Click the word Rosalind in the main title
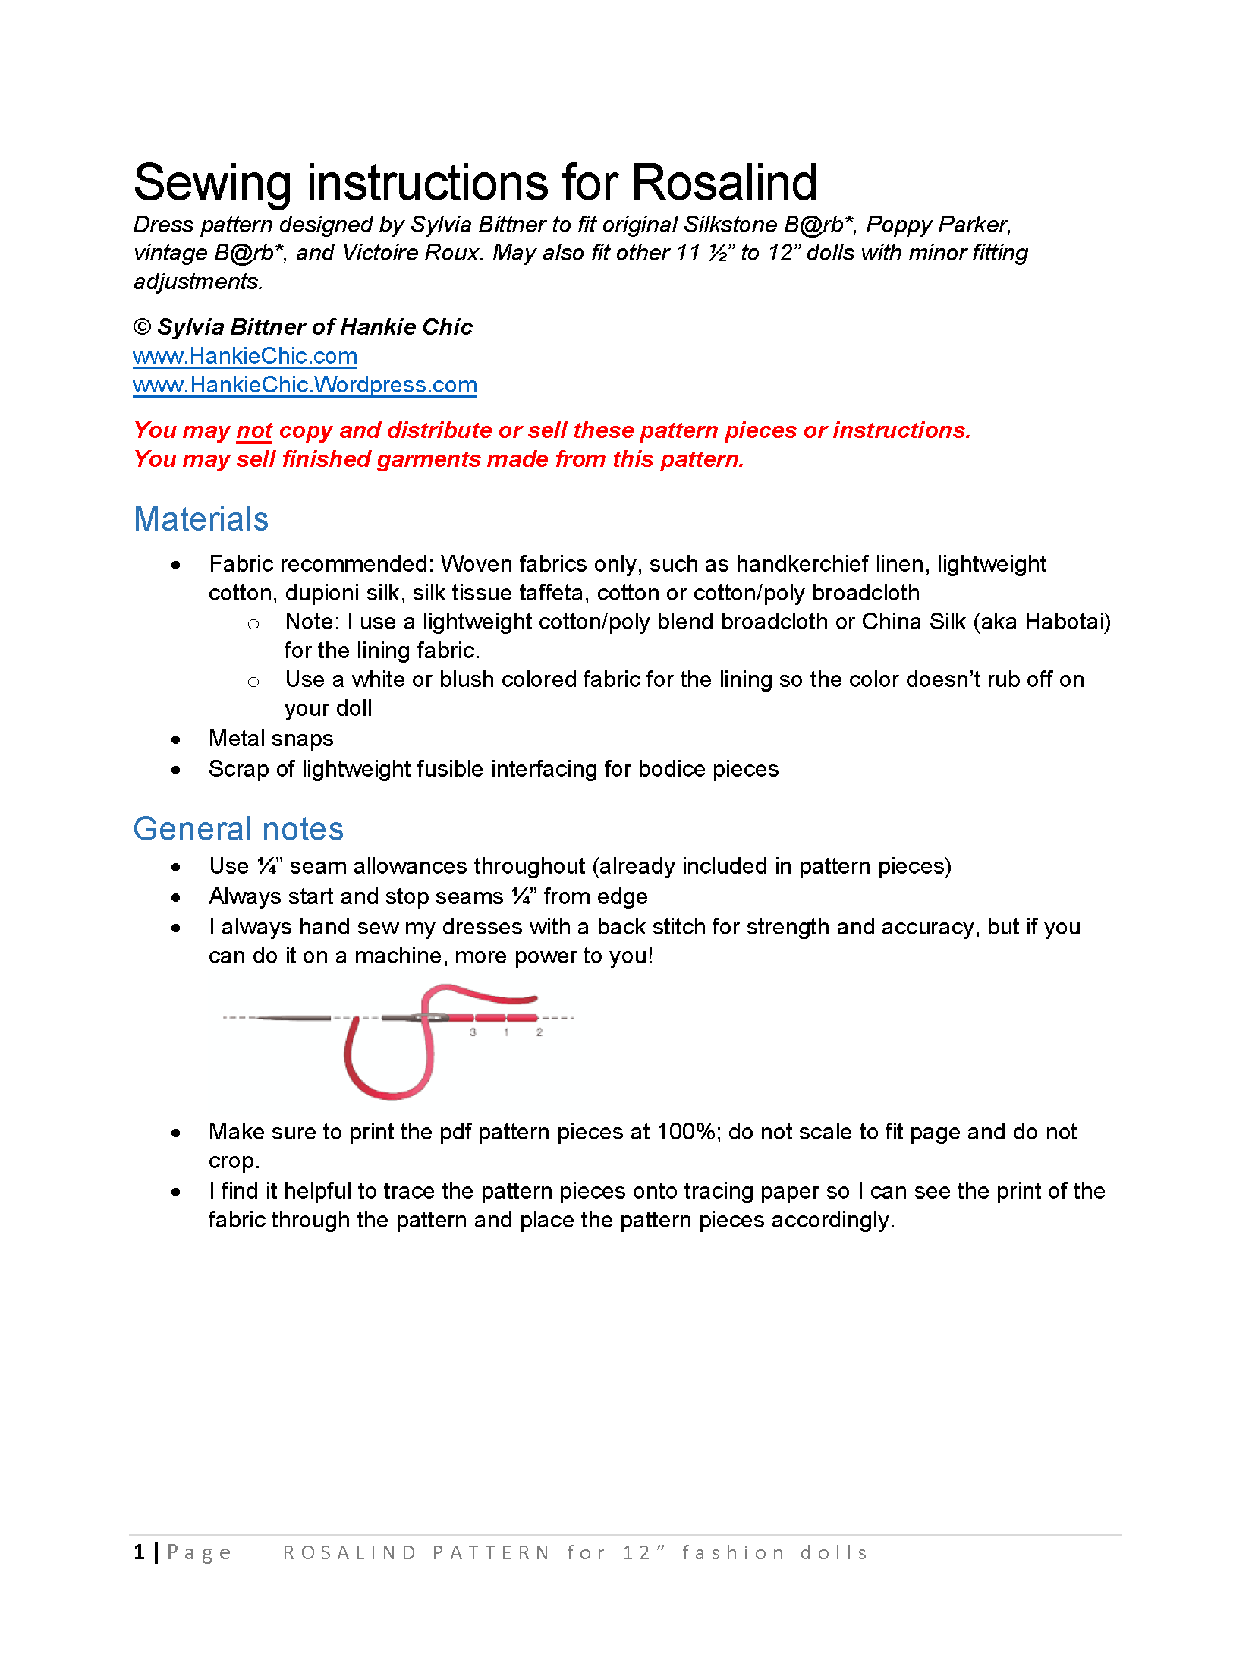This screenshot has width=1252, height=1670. pyautogui.click(x=724, y=183)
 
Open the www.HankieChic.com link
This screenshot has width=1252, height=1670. pyautogui.click(x=244, y=356)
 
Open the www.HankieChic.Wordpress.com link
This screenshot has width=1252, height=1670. pyautogui.click(x=304, y=385)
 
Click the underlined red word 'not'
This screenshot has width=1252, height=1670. pyautogui.click(x=254, y=430)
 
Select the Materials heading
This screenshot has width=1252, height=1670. pyautogui.click(x=201, y=519)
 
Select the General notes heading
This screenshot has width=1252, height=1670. pyautogui.click(x=238, y=829)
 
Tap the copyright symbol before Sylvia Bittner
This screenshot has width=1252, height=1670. pyautogui.click(x=142, y=327)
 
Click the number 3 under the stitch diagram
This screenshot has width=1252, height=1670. pyautogui.click(x=473, y=1032)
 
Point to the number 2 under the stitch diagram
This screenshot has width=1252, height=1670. pyautogui.click(x=539, y=1032)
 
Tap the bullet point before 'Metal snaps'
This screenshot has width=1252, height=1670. pyautogui.click(x=176, y=739)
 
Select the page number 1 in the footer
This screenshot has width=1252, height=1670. pyautogui.click(x=140, y=1552)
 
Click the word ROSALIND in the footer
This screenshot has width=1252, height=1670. pyautogui.click(x=350, y=1553)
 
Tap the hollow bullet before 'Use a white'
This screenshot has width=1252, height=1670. pyautogui.click(x=253, y=682)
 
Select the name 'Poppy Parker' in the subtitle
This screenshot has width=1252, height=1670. pyautogui.click(x=938, y=225)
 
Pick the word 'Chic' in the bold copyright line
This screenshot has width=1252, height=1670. pyautogui.click(x=447, y=327)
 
